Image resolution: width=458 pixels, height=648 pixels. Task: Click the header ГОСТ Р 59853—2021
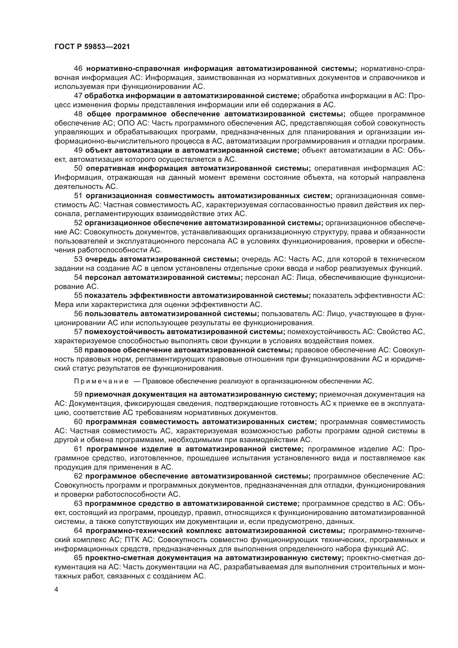(92, 47)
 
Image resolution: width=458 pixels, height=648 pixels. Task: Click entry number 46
(78, 69)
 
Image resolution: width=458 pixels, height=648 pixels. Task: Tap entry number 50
(78, 168)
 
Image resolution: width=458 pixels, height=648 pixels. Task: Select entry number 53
(78, 259)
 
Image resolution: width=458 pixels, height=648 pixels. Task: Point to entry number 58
(78, 350)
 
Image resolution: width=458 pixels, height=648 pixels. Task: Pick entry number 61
(78, 449)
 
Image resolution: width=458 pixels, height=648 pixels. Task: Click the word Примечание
(101, 381)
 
